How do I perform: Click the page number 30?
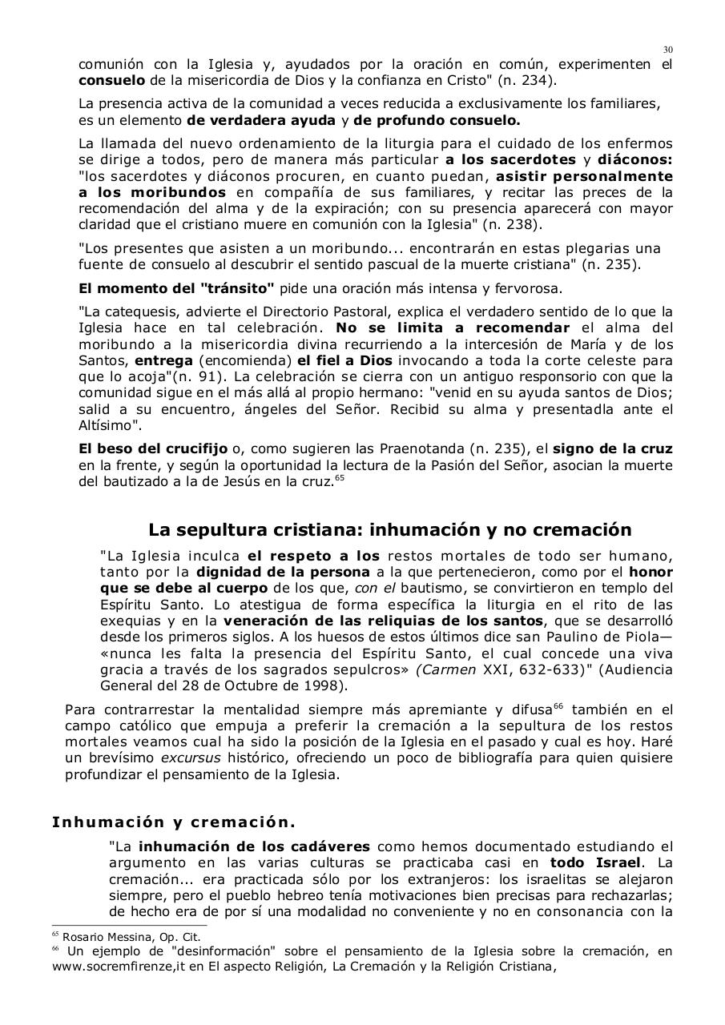click(667, 50)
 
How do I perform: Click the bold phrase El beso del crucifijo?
click(153, 448)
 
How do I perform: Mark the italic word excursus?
click(191, 758)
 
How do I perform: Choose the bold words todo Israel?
click(594, 862)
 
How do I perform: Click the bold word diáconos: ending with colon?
click(639, 159)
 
